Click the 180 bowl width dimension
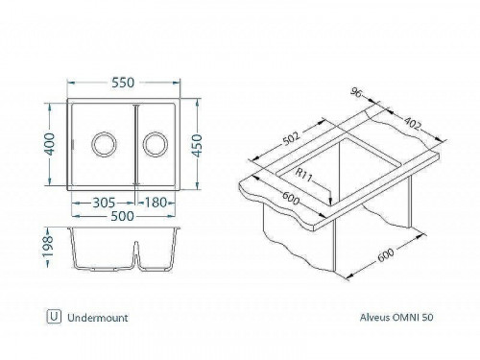(157, 204)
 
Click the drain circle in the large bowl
(102, 146)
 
